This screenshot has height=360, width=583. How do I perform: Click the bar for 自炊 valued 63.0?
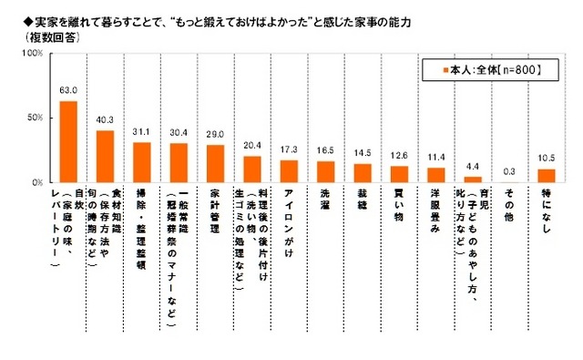68,141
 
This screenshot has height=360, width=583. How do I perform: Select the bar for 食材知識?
106,156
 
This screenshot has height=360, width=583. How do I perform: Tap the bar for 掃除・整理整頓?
142,162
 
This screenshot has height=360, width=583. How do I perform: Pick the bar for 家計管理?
216,163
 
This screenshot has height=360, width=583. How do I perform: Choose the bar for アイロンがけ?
290,171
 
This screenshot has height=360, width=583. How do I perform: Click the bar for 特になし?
547,175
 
